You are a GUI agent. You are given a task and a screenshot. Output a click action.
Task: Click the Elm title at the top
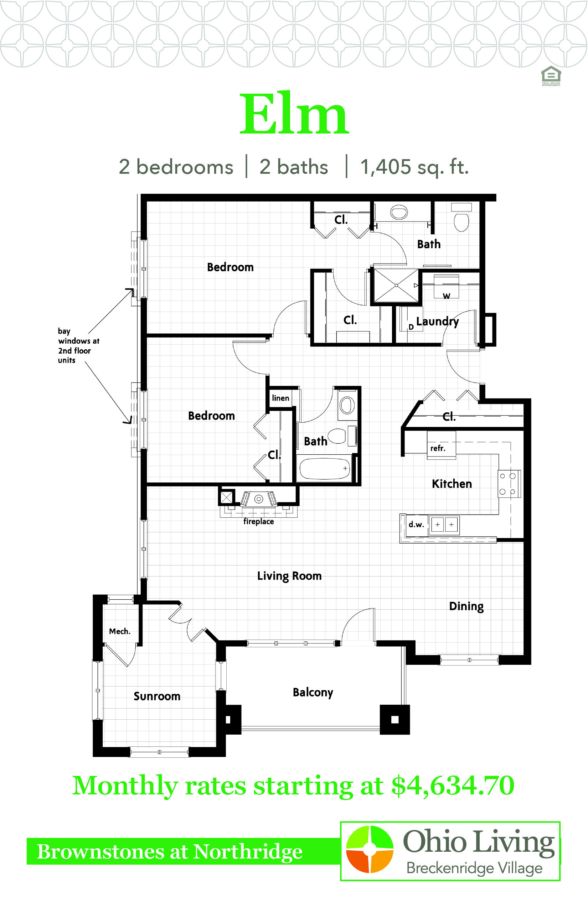294,113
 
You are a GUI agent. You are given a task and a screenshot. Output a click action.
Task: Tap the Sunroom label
157,696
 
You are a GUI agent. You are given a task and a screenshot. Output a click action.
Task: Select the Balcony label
313,693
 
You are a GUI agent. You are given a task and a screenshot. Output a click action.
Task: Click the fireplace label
258,522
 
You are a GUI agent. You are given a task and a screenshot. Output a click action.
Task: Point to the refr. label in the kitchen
438,448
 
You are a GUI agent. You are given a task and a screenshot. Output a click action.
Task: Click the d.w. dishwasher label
416,525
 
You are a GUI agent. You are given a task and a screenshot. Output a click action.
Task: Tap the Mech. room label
120,631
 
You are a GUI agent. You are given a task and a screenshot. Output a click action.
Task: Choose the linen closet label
281,398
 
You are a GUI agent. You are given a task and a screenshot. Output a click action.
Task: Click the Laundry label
438,322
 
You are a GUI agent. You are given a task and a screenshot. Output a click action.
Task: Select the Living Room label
289,576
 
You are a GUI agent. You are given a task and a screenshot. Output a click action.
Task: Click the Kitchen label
452,484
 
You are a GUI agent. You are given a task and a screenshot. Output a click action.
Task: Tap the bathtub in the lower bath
325,469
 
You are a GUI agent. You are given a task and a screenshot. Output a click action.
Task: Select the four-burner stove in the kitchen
509,484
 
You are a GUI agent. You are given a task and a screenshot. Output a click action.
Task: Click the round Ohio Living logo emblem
370,849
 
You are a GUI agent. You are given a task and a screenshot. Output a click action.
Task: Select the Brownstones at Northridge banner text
170,851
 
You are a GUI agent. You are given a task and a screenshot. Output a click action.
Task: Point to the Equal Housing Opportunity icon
551,75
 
